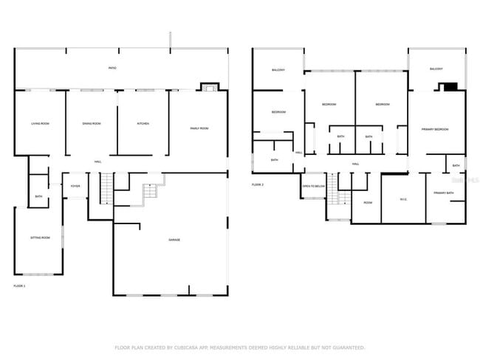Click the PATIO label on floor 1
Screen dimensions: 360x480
tap(112, 69)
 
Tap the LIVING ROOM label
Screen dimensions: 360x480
tap(40, 124)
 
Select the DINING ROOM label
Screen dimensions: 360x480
tap(92, 124)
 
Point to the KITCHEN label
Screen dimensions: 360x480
tap(143, 124)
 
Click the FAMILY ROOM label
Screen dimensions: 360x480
tap(199, 128)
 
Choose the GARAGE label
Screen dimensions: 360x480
tap(174, 240)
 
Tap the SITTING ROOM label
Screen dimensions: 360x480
tap(40, 238)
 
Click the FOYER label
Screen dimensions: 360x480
tap(75, 186)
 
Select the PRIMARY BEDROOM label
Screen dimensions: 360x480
tap(436, 129)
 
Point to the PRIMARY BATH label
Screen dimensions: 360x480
tap(444, 193)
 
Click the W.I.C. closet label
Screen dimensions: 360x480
tap(403, 200)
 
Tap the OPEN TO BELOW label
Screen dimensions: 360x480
tap(313, 186)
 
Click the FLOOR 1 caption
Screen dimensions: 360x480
tap(19, 285)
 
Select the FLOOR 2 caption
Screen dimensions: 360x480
tap(258, 184)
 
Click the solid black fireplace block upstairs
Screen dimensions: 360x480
tap(450, 87)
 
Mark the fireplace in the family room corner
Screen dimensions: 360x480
tap(210, 88)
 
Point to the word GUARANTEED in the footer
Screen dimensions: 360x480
tap(346, 347)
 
